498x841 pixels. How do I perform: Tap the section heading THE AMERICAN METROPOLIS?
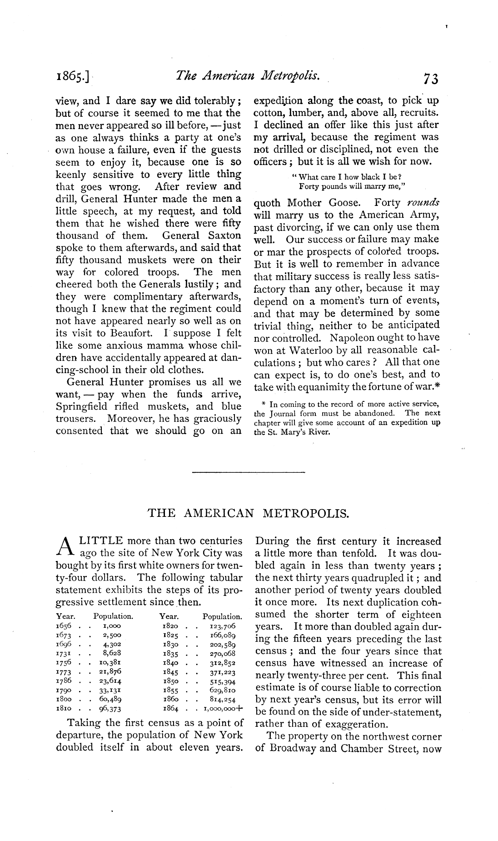(x=249, y=514)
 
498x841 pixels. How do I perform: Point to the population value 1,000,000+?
(x=223, y=708)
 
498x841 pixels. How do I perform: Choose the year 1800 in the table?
(x=64, y=699)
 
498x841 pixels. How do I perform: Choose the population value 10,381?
(x=109, y=662)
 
